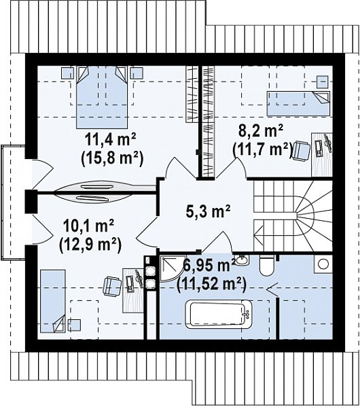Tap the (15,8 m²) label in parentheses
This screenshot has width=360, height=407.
coord(112,158)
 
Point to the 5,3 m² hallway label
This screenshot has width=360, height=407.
coord(208,211)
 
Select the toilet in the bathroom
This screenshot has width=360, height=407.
coord(267,266)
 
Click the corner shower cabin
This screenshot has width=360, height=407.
coord(169,269)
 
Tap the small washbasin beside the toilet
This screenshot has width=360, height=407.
coord(242,260)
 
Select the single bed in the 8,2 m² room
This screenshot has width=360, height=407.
coord(298,103)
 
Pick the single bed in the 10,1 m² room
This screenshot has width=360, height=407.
coord(53,301)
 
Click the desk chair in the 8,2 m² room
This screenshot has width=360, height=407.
coord(301,151)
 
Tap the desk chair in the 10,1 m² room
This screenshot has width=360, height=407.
coord(112,286)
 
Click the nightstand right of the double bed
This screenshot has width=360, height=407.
coord(137,73)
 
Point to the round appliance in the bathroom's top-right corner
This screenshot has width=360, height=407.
coord(323,264)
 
